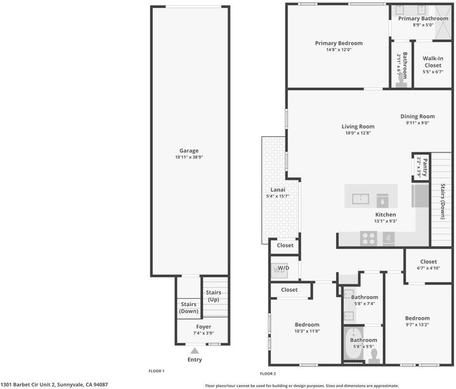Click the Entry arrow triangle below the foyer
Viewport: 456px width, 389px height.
[195, 351]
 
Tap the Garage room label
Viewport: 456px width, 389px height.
[189, 150]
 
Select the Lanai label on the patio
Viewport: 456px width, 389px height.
[278, 189]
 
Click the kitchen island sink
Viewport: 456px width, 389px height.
[361, 199]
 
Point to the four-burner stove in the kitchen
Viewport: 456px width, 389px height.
[368, 239]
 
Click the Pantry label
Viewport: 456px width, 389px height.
[425, 167]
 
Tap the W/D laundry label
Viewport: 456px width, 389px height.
[283, 268]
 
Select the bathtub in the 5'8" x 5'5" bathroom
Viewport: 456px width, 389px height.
[354, 344]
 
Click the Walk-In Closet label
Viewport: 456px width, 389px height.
[433, 62]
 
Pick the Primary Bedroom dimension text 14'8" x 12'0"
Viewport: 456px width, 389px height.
[339, 50]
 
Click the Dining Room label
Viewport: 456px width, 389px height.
[418, 116]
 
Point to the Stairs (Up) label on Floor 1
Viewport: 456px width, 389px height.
[213, 296]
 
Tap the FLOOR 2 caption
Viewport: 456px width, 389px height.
[268, 373]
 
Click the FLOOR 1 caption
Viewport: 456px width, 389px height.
[156, 371]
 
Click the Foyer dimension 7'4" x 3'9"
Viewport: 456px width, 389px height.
[204, 333]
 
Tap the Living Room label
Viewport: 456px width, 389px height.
[358, 126]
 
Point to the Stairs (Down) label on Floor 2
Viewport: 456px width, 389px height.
[443, 201]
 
